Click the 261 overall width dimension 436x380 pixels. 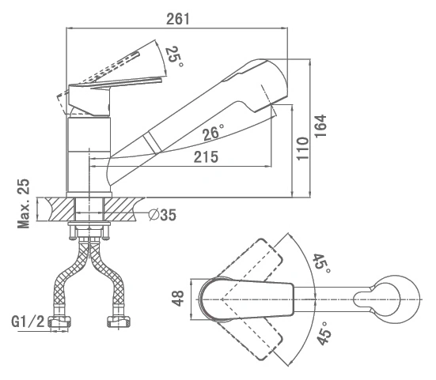coord(178,19)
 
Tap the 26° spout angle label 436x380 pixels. coord(213,132)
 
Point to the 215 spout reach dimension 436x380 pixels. coord(206,157)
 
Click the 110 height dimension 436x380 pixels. coord(302,149)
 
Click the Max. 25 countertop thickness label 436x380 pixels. coord(24,204)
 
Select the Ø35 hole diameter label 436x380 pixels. coord(163,215)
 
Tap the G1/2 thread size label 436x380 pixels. coord(28,322)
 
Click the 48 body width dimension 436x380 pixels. coord(178,298)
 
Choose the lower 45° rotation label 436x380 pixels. coord(324,333)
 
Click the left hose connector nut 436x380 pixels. coord(59,322)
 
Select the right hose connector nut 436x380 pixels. coord(119,322)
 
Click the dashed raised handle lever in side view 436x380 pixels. coord(112,67)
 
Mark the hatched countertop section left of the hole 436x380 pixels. coord(62,209)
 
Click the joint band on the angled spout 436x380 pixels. coord(152,142)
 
